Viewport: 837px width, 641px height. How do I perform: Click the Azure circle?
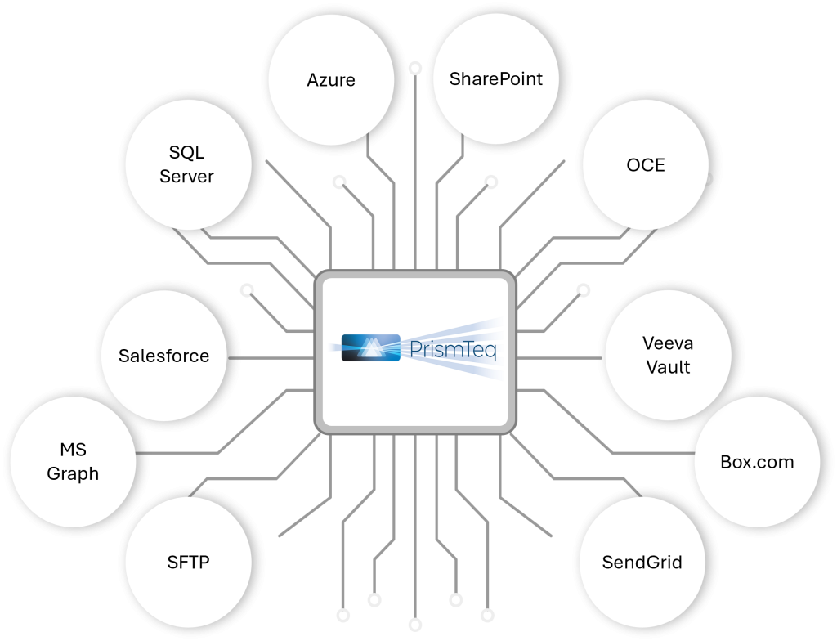click(331, 80)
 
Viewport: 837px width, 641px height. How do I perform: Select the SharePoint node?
click(495, 79)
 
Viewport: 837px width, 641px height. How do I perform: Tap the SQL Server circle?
click(186, 164)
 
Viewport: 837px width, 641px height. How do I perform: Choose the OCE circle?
click(645, 165)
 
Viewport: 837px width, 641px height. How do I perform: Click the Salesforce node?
click(163, 356)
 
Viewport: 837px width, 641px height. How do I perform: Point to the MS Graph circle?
click(73, 462)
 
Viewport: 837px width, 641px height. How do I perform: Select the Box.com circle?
click(757, 462)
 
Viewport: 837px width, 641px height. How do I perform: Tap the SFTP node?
click(188, 563)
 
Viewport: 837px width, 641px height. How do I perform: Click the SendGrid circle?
click(642, 563)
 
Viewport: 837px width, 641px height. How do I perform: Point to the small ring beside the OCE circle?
click(707, 177)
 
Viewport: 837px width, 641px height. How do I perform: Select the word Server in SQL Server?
click(186, 176)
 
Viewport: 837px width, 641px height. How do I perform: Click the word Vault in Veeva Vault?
click(668, 367)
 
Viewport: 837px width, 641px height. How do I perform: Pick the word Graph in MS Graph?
click(73, 473)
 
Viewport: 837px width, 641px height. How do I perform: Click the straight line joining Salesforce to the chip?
click(271, 357)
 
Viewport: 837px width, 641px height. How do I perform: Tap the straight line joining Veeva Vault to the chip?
click(561, 357)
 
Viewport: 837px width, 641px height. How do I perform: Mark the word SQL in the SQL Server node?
click(186, 153)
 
